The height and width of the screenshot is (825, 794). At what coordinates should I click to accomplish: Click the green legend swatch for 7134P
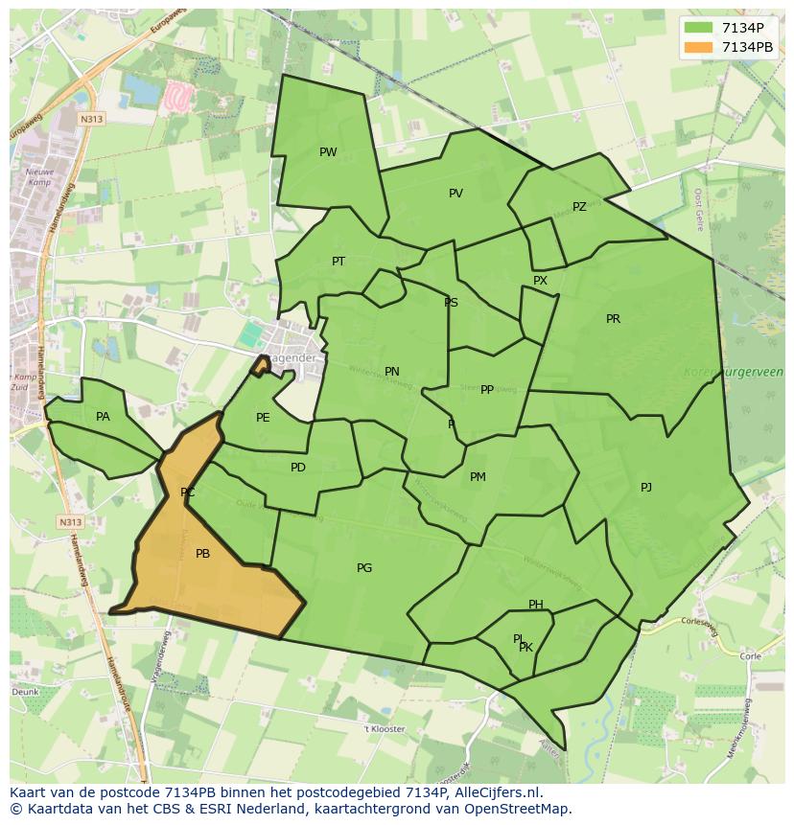tap(699, 28)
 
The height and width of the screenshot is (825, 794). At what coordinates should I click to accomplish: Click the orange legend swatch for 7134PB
tap(699, 47)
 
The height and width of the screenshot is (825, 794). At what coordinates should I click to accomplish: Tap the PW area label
tap(328, 152)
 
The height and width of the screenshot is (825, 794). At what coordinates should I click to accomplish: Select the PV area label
tap(455, 194)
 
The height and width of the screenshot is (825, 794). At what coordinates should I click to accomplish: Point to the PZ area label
tap(579, 207)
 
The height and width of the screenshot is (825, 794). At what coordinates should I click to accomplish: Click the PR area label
tap(613, 319)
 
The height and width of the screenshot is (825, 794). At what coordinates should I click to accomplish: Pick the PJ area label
tap(646, 488)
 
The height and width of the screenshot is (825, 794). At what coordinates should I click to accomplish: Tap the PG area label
tap(364, 568)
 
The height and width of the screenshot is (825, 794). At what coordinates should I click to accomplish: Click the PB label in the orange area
tap(202, 554)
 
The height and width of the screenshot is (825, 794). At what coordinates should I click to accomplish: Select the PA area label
tap(103, 417)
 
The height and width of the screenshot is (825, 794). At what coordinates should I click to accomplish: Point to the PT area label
tap(339, 262)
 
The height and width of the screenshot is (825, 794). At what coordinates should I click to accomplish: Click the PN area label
tap(392, 372)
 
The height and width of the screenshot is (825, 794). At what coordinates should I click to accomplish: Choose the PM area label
tap(478, 477)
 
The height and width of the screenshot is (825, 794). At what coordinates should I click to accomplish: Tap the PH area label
tap(536, 605)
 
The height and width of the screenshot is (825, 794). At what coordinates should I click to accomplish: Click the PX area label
tap(540, 281)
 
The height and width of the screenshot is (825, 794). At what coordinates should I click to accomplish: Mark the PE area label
tap(263, 418)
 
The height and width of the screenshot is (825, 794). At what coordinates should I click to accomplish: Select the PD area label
tap(298, 468)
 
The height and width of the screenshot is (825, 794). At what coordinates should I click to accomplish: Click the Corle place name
tap(750, 656)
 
